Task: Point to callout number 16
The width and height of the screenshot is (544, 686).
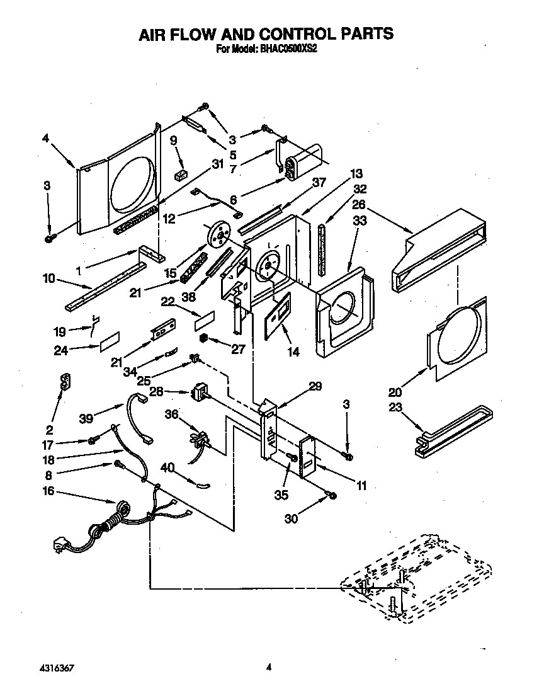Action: click(x=48, y=491)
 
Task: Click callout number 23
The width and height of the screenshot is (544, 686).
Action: click(x=395, y=407)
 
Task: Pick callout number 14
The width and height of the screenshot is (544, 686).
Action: click(x=293, y=352)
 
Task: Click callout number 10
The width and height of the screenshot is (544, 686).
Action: click(x=48, y=278)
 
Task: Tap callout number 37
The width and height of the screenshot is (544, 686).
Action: click(x=319, y=183)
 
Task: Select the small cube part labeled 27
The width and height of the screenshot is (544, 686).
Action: click(x=204, y=338)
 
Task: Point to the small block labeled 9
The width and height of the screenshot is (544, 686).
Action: click(x=182, y=173)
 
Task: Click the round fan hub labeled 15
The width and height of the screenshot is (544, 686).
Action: click(x=218, y=234)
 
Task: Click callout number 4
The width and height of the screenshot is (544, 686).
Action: click(x=45, y=139)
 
